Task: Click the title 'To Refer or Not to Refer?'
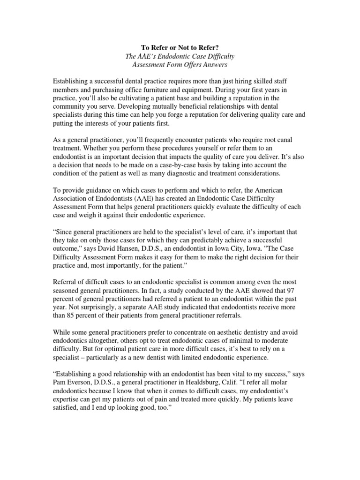tap(180, 47)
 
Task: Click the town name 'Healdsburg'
tap(211, 375)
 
